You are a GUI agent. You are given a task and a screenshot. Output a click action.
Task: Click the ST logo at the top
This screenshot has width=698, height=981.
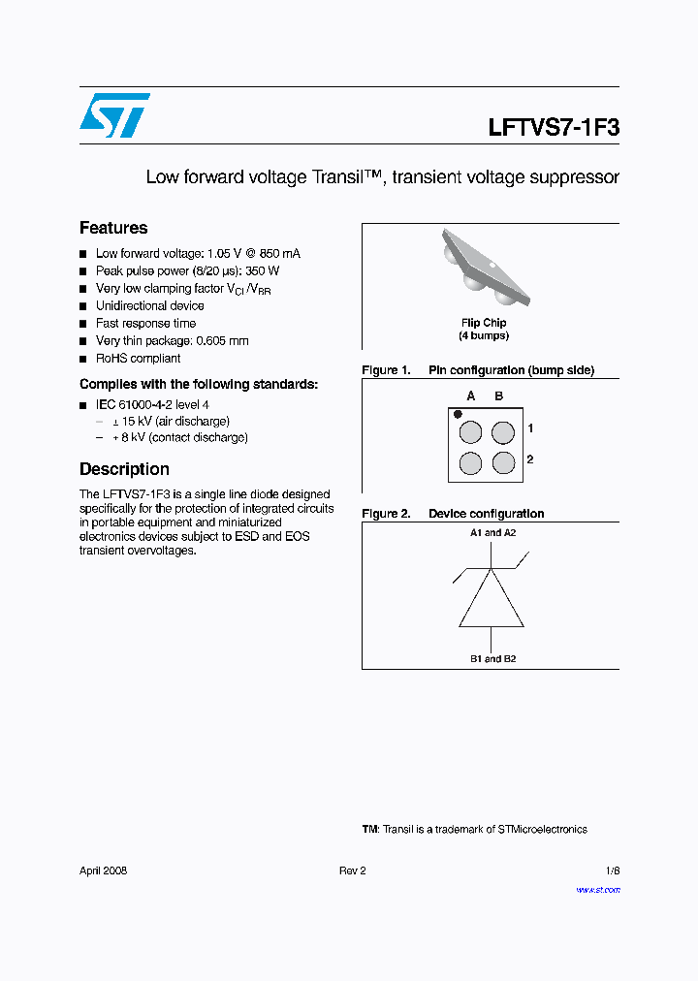pyautogui.click(x=114, y=115)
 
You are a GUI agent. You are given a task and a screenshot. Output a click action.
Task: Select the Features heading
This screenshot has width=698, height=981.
pyautogui.click(x=113, y=228)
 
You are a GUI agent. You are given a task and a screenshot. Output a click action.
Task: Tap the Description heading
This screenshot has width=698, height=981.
pyautogui.click(x=124, y=469)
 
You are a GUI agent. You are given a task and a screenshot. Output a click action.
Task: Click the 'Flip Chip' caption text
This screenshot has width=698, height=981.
pyautogui.click(x=483, y=323)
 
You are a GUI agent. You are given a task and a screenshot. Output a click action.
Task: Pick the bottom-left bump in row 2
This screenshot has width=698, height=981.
pyautogui.click(x=470, y=462)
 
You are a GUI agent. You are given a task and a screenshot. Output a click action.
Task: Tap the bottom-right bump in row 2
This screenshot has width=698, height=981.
pyautogui.click(x=502, y=462)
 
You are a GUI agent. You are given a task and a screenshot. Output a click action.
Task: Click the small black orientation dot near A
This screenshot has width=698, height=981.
pyautogui.click(x=458, y=414)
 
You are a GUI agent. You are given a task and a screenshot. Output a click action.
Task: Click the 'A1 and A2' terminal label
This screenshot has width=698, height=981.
pyautogui.click(x=492, y=533)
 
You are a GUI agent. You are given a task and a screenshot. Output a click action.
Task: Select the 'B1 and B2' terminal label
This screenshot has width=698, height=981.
pyautogui.click(x=492, y=659)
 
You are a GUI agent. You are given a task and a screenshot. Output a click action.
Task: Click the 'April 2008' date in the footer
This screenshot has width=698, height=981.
pyautogui.click(x=103, y=870)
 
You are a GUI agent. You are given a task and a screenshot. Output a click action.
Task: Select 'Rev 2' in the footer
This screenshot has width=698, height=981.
pyautogui.click(x=352, y=870)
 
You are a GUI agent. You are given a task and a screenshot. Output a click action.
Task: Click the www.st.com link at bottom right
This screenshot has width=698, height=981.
pyautogui.click(x=597, y=890)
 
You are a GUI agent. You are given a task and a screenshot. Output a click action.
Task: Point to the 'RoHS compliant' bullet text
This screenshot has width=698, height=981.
pyautogui.click(x=138, y=359)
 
